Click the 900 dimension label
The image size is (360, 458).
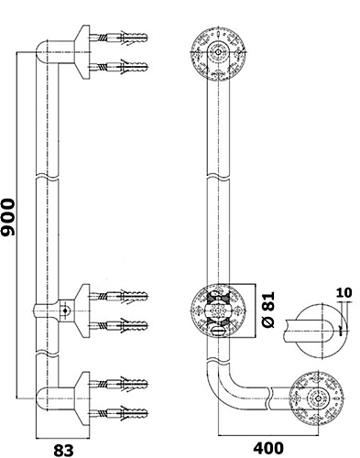point(8,217)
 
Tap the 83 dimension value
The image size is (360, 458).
point(64,450)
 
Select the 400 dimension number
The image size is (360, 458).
point(268,448)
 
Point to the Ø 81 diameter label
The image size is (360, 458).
point(268,310)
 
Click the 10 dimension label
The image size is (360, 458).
point(344,292)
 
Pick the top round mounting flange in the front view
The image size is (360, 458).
point(218,52)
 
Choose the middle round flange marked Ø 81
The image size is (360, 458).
point(218,311)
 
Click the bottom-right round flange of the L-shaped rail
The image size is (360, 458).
point(316,398)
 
